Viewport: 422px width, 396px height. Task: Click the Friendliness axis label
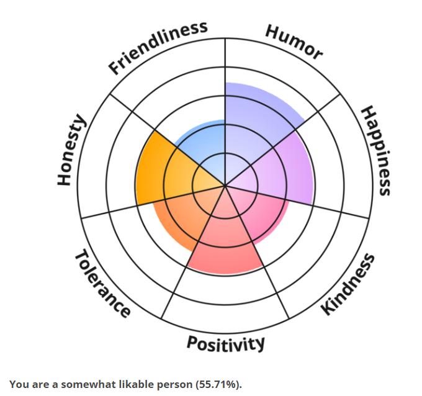(x=158, y=47)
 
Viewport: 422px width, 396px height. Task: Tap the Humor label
(x=294, y=42)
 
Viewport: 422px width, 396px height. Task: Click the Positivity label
(x=226, y=343)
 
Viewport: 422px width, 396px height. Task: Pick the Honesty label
(x=70, y=150)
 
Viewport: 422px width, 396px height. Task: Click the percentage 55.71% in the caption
(x=217, y=384)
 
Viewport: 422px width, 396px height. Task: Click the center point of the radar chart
(x=225, y=184)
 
